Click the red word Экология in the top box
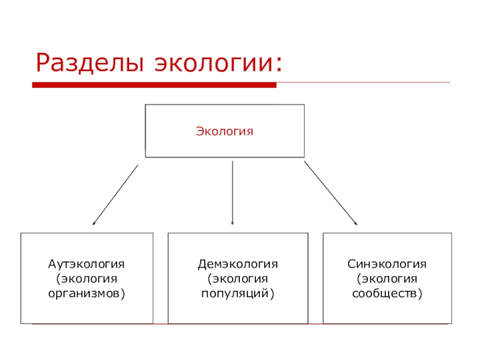(x=225, y=130)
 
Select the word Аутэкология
(x=86, y=264)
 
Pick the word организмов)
(x=86, y=294)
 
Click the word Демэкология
(x=238, y=264)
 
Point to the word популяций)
(x=238, y=294)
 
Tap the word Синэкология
(x=387, y=264)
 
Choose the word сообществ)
(x=387, y=294)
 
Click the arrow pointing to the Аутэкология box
(x=115, y=194)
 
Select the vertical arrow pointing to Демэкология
(x=232, y=192)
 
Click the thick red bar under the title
(x=154, y=85)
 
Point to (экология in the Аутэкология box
(x=86, y=279)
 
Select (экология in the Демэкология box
(x=238, y=279)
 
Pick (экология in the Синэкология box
(x=387, y=279)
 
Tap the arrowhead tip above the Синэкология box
(x=356, y=224)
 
